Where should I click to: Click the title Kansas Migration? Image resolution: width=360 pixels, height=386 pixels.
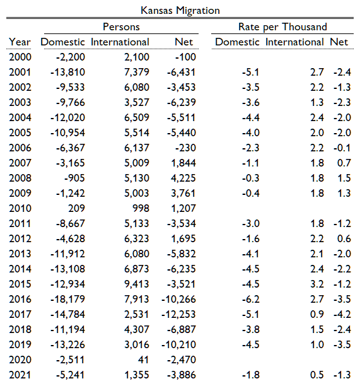(x=180, y=11)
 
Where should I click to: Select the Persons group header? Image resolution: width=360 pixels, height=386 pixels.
(x=121, y=26)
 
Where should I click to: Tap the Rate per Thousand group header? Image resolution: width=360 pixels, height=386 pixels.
(x=282, y=27)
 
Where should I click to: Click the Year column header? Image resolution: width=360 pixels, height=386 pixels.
(x=20, y=42)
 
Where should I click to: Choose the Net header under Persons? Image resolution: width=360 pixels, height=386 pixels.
(x=183, y=42)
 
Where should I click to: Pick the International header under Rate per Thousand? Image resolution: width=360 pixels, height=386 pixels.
(x=294, y=42)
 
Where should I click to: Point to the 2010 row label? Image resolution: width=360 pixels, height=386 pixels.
(x=20, y=209)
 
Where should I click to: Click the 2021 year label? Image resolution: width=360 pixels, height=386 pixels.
(x=20, y=375)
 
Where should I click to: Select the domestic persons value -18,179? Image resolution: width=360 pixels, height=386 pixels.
(x=67, y=300)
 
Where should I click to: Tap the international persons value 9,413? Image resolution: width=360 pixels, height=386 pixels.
(x=137, y=284)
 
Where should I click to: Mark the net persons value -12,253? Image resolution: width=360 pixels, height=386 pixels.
(x=178, y=314)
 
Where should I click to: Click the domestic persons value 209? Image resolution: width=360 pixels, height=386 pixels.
(x=76, y=209)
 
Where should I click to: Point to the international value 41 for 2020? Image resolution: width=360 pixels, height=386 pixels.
(x=144, y=360)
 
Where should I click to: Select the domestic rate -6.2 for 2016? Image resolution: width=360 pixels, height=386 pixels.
(x=250, y=300)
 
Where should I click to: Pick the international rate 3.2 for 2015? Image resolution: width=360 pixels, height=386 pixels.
(x=317, y=284)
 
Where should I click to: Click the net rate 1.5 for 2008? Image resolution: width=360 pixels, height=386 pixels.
(x=344, y=178)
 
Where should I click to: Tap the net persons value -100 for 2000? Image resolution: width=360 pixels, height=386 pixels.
(x=185, y=57)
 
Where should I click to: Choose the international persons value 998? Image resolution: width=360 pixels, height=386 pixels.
(x=141, y=209)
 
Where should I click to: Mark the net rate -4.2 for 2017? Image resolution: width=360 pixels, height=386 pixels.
(x=342, y=314)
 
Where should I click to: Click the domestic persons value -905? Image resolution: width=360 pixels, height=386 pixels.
(x=74, y=178)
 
